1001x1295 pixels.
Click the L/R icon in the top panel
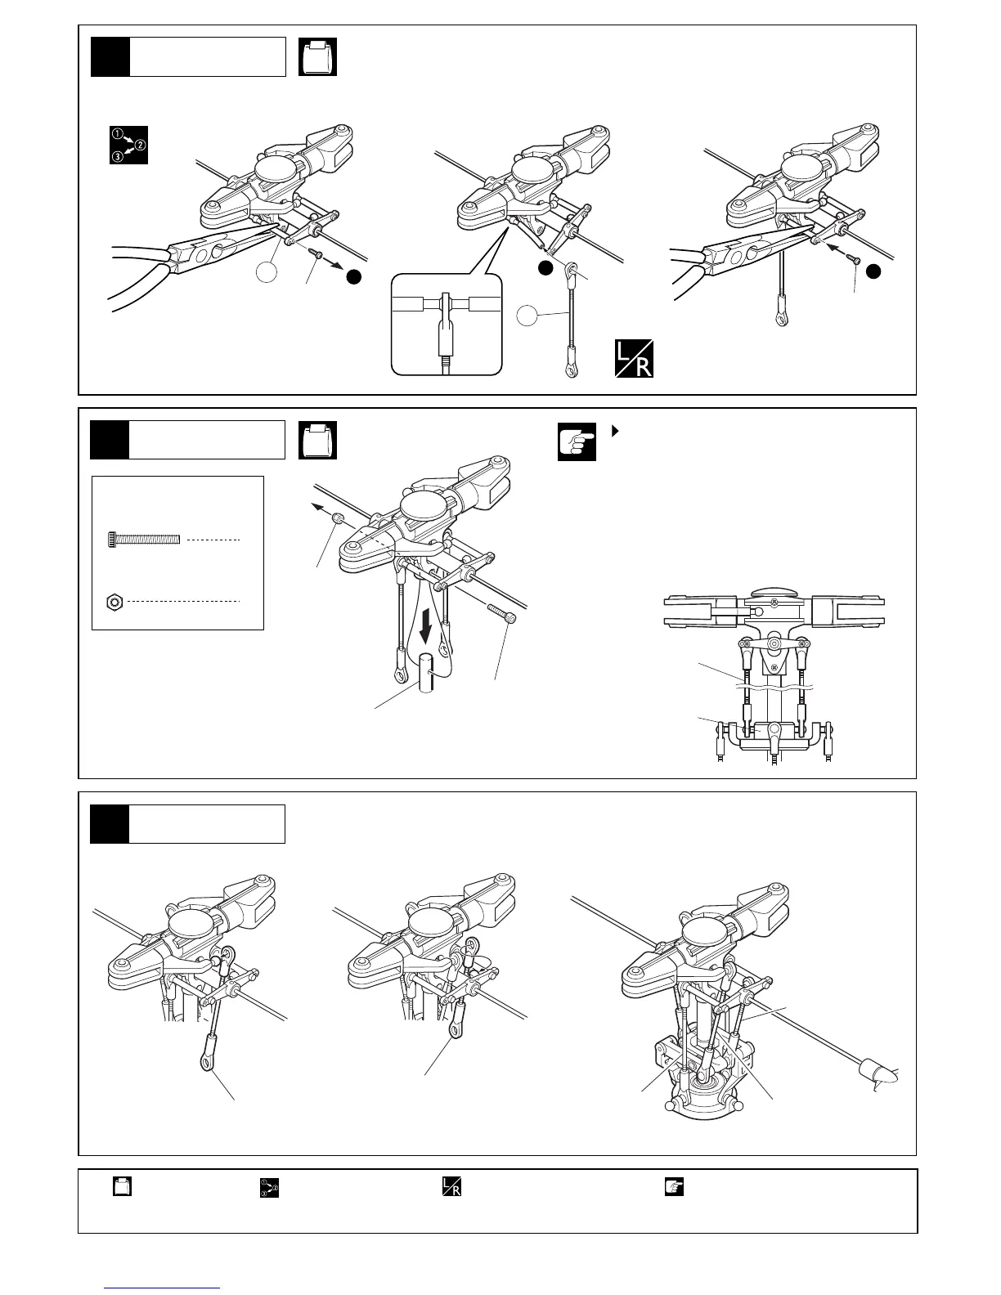pos(635,361)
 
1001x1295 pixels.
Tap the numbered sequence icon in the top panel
pos(128,145)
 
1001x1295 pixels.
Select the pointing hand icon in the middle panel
pos(577,442)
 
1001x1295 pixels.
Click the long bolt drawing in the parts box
pos(143,540)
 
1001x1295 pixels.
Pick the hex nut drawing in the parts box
pos(115,602)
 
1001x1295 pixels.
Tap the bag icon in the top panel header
pos(318,57)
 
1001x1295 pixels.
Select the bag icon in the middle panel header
pos(318,441)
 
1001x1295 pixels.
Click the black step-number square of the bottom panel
pos(110,823)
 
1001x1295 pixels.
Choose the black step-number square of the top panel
pos(110,56)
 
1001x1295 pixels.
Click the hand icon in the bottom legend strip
pos(675,1187)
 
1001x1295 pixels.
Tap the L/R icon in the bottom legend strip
pos(451,1187)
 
